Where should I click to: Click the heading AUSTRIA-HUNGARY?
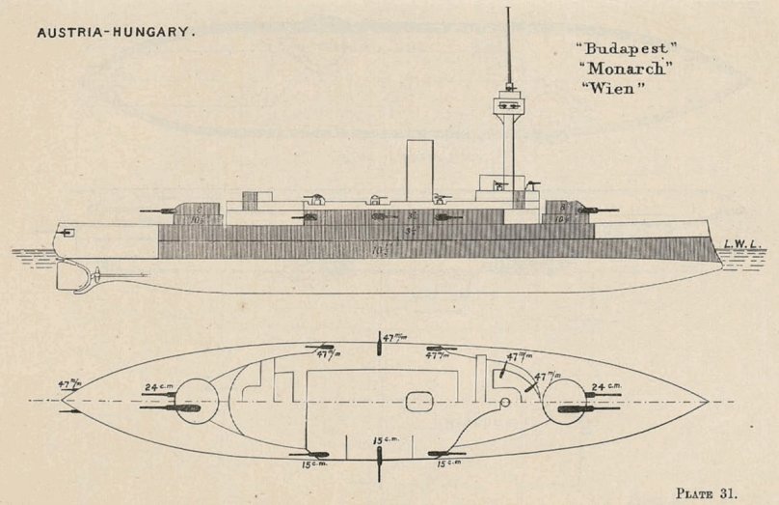click(117, 32)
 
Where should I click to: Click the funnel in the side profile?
click(419, 170)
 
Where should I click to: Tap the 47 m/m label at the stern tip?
click(69, 383)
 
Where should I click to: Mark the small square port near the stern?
click(67, 233)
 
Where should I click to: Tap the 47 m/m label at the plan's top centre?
click(393, 338)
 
